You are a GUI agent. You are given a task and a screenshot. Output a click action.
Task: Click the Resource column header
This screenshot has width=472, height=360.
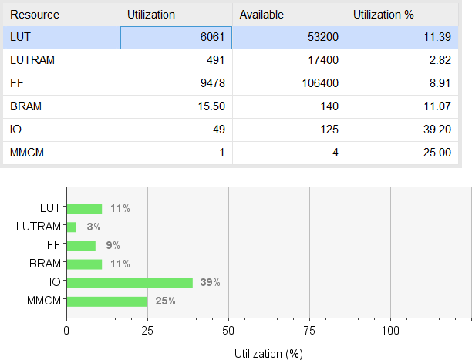tap(35, 15)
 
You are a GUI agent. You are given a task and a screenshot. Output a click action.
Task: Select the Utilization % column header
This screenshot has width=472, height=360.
tap(383, 15)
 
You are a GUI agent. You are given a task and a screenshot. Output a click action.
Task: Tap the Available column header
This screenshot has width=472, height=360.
tap(261, 15)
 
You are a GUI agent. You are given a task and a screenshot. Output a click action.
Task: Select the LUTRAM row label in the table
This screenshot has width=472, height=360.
tap(32, 61)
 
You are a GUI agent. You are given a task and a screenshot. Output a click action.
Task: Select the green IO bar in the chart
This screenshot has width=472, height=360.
tap(130, 283)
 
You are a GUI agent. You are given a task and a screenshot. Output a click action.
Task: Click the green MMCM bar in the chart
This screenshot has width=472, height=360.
tap(107, 301)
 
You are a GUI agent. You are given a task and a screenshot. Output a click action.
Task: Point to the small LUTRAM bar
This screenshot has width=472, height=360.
tap(72, 227)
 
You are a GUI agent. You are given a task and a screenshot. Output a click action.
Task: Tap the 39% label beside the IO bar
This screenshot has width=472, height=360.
tap(210, 283)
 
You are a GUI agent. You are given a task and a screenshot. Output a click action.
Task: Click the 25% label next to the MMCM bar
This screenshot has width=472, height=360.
tap(165, 301)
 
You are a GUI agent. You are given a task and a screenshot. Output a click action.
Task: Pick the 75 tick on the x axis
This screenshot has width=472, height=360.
tap(309, 330)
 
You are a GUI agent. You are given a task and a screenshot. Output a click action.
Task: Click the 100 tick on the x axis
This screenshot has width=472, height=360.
tap(390, 330)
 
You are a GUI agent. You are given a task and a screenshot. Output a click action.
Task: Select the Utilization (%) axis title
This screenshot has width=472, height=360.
tap(268, 353)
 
